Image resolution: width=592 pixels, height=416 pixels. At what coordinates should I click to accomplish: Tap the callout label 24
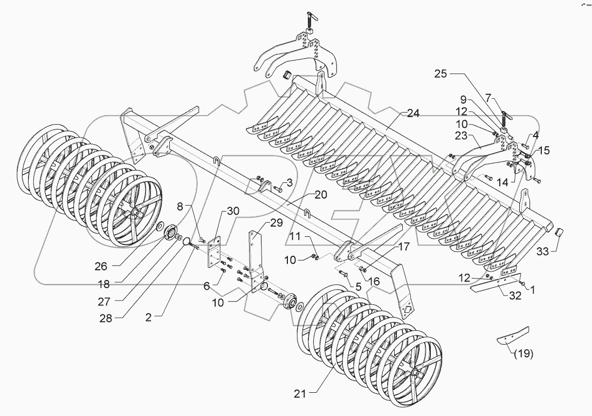pos(414,114)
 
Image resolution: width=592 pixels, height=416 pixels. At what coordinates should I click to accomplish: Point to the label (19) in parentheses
pos(522,354)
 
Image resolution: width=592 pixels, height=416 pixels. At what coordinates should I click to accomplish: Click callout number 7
pos(488,99)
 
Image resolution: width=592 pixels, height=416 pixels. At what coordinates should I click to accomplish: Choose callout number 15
pos(543,151)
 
